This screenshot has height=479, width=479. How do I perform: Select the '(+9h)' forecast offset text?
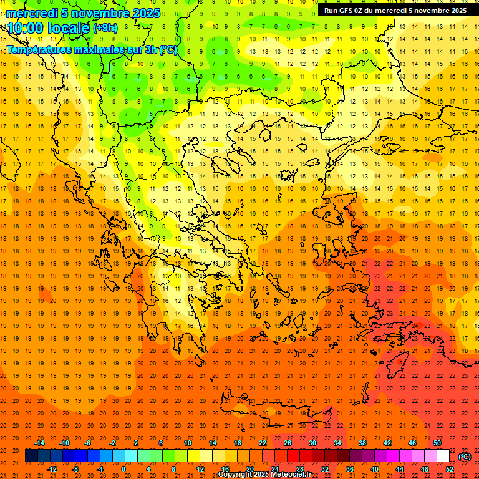pos(104,28)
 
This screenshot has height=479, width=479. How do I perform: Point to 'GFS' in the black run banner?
pos(347,11)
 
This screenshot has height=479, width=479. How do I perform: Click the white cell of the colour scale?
pos(443,456)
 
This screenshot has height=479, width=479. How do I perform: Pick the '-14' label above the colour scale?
pos(39,443)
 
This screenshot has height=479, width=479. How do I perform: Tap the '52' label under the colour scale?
pos(450,468)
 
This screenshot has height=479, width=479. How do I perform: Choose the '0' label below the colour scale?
pos(123,468)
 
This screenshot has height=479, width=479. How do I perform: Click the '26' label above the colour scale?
pos(288,443)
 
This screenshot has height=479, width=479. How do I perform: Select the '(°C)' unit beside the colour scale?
pos(465,457)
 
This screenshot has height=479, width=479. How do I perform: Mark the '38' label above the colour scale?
pos(362,443)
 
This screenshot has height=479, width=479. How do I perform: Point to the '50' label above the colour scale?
pos(437,443)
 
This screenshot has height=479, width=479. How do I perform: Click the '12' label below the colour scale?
pos(200,468)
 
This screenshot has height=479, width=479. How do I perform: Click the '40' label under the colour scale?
pos(375,468)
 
